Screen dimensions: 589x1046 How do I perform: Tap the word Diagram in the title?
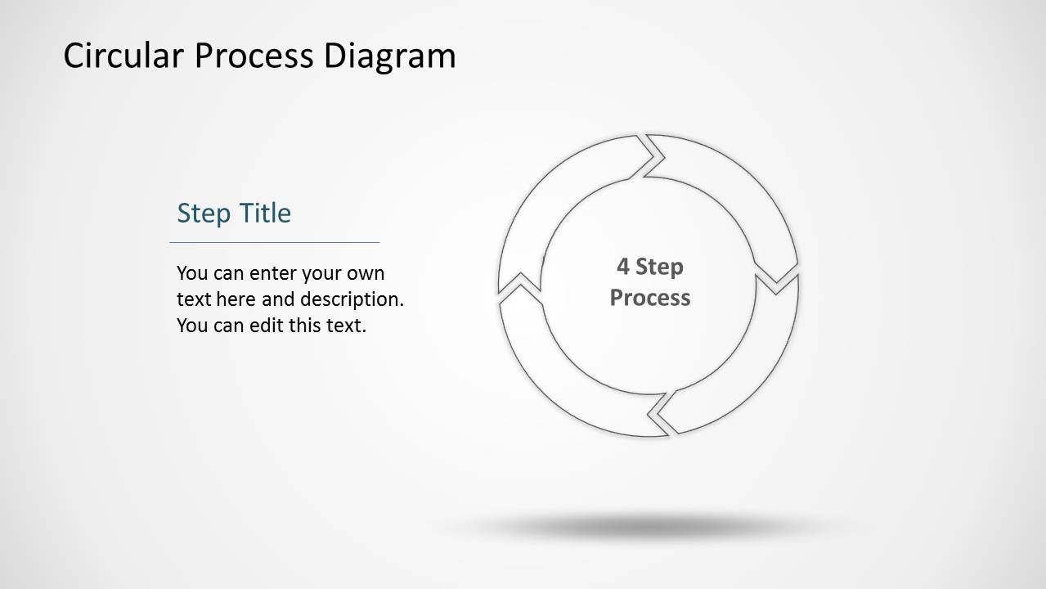coord(389,56)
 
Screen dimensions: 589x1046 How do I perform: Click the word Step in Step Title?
coord(204,214)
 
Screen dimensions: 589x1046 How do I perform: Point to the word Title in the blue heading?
coord(264,214)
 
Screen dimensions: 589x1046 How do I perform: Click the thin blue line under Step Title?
coord(274,242)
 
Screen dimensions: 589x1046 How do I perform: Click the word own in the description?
coord(365,273)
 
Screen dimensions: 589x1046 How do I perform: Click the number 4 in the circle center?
coord(623,267)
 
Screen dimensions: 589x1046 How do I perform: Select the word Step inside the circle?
coord(659,267)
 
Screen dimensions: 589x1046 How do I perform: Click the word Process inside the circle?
coord(650,297)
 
